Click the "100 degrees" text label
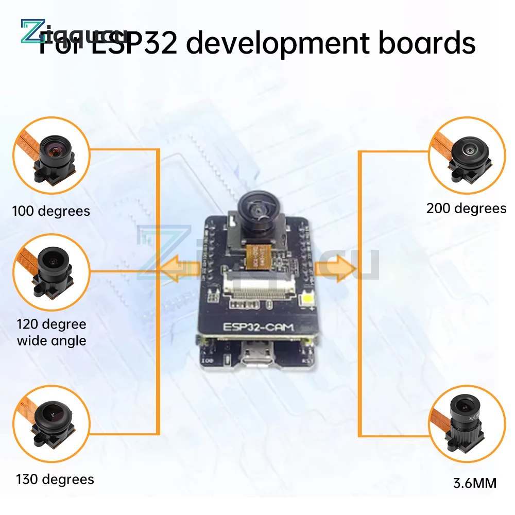(51, 211)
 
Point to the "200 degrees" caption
(466, 208)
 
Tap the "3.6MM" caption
(475, 483)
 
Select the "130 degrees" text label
(55, 479)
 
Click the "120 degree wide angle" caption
(51, 332)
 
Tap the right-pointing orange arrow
(337, 268)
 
